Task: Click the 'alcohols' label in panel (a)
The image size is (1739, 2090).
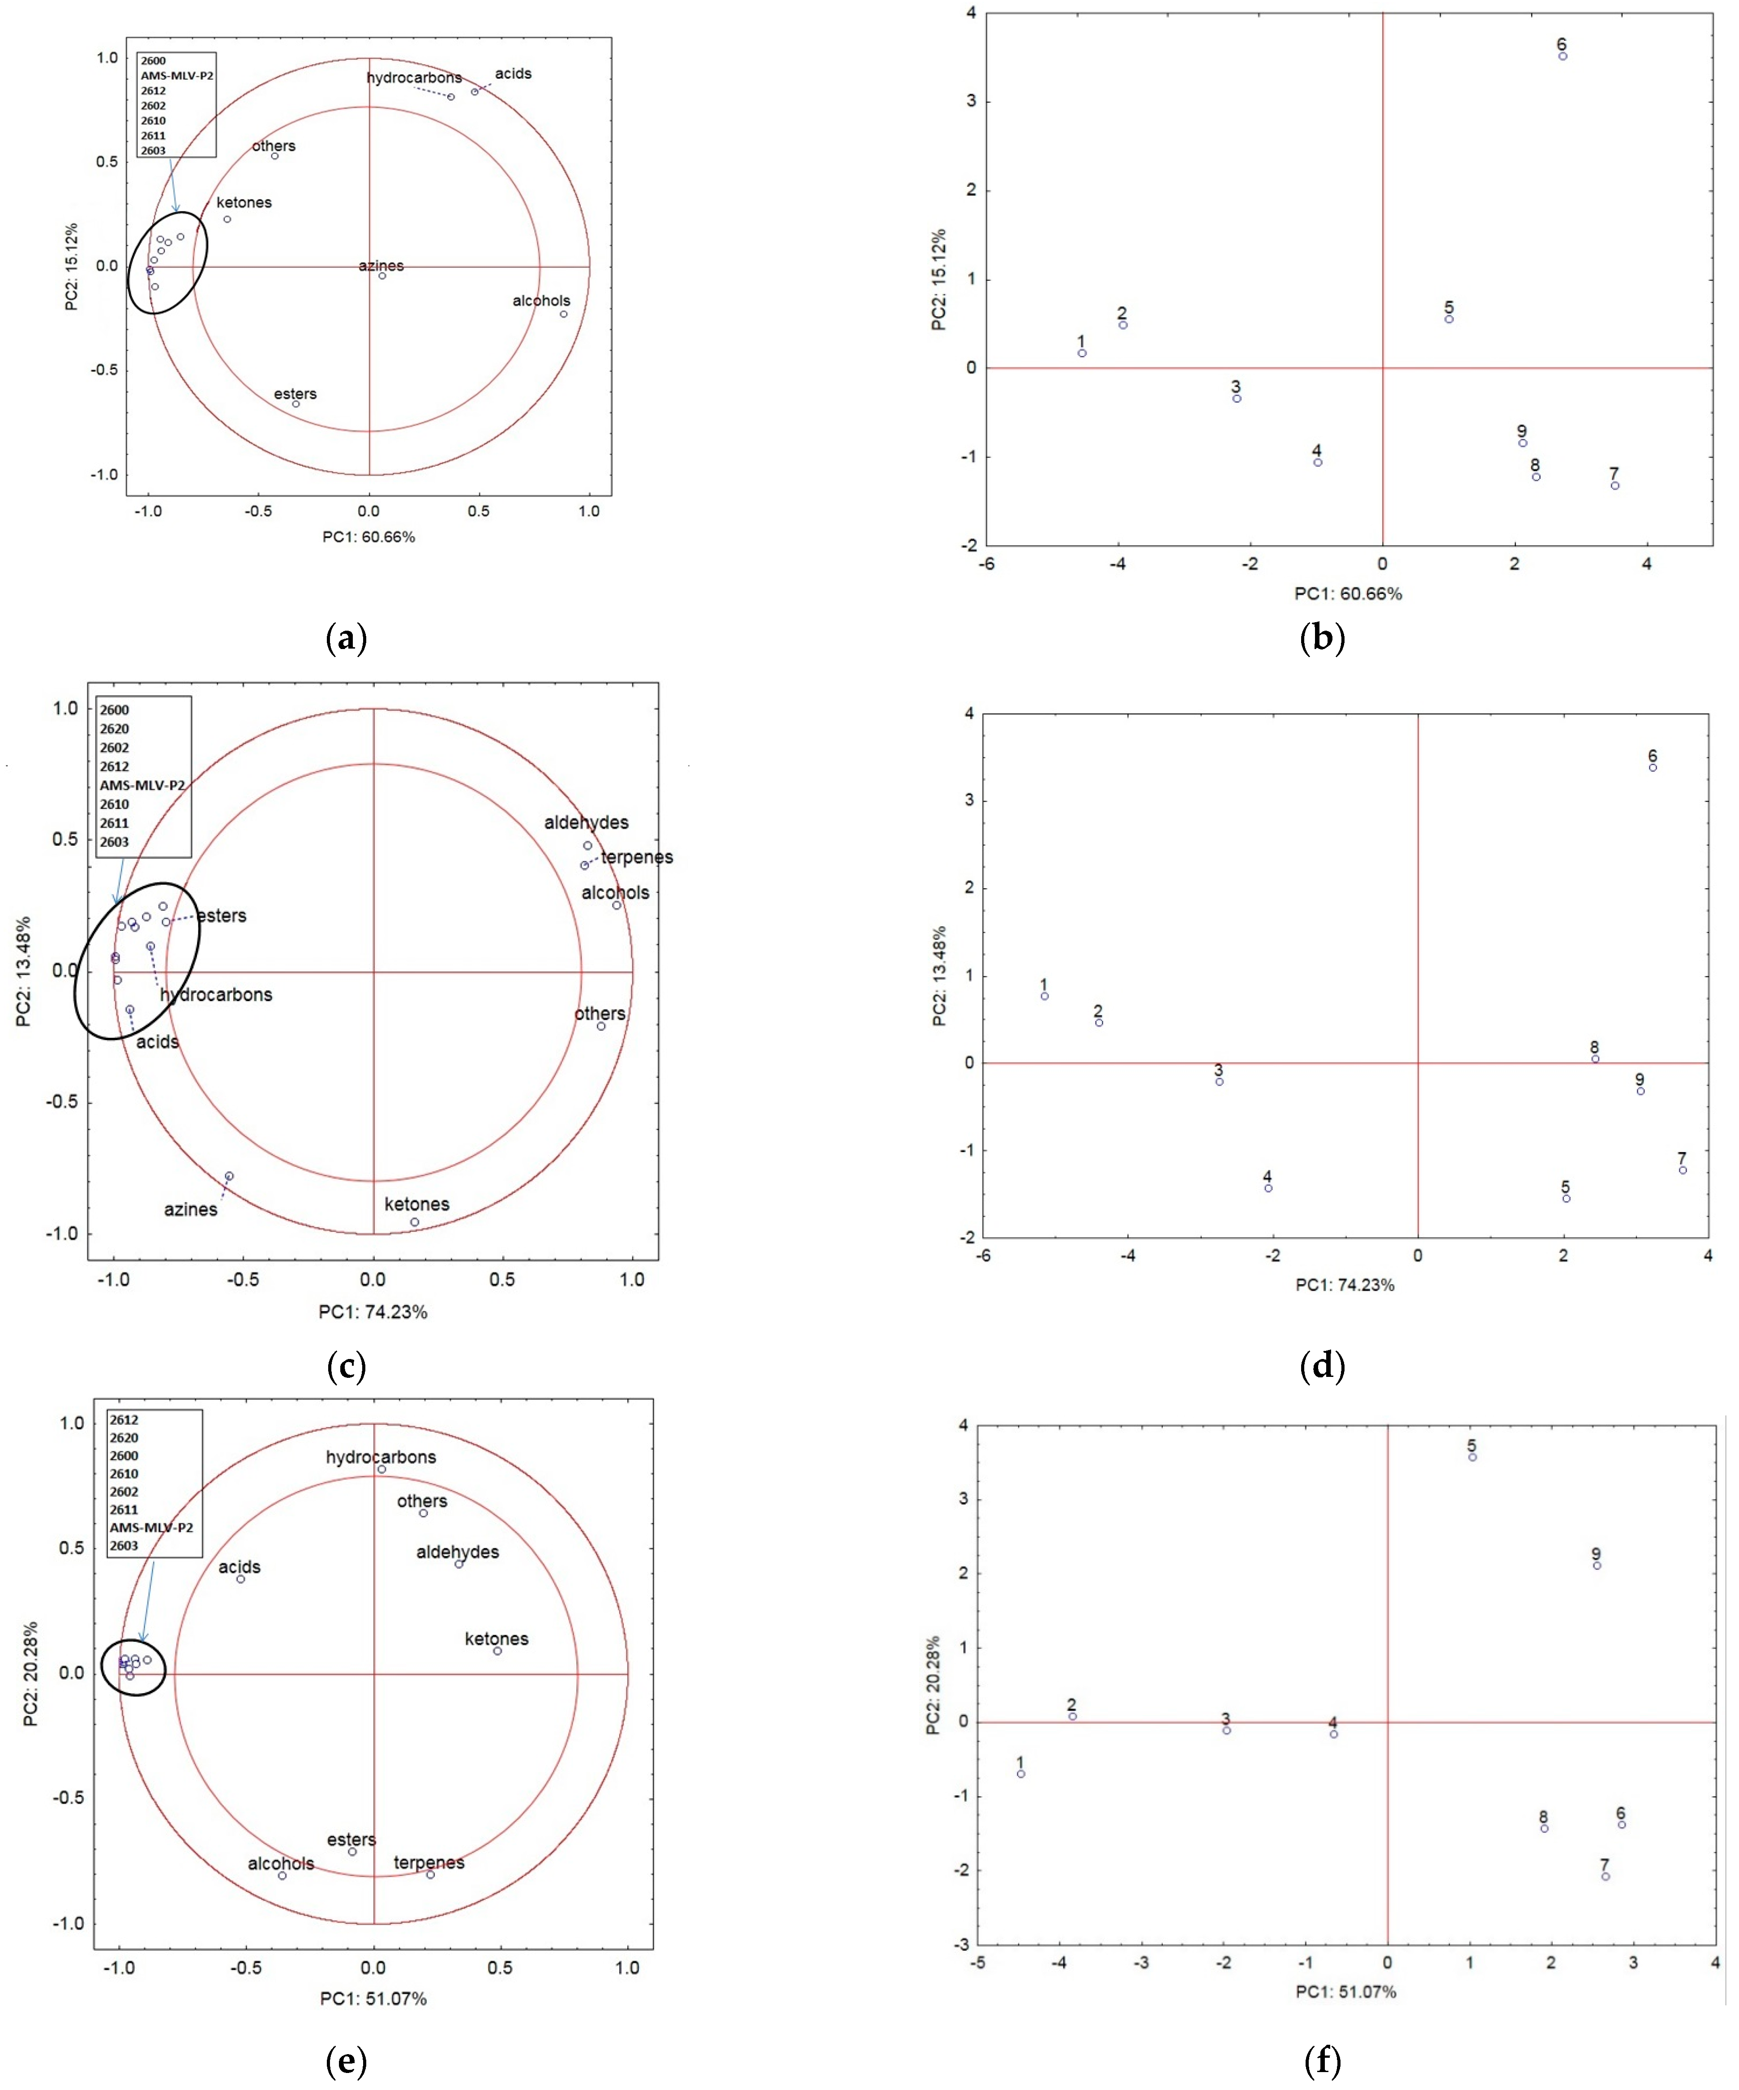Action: pos(541,301)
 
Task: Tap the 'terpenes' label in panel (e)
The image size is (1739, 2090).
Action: pos(429,1862)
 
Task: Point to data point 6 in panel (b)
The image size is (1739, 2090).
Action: pos(1563,56)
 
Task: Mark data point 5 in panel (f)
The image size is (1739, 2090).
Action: pos(1473,1457)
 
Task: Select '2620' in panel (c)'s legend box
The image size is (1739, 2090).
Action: pos(115,728)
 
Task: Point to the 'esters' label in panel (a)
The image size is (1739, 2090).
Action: pos(296,394)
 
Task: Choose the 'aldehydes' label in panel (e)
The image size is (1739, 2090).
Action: pos(458,1552)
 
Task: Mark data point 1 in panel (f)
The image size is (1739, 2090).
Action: pos(1021,1773)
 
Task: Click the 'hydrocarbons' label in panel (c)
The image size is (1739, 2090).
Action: pos(216,994)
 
